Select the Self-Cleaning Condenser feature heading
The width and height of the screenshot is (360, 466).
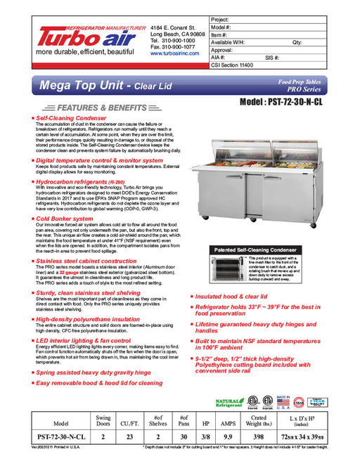tap(71, 119)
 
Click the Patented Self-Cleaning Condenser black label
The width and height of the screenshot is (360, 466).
tap(253, 250)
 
